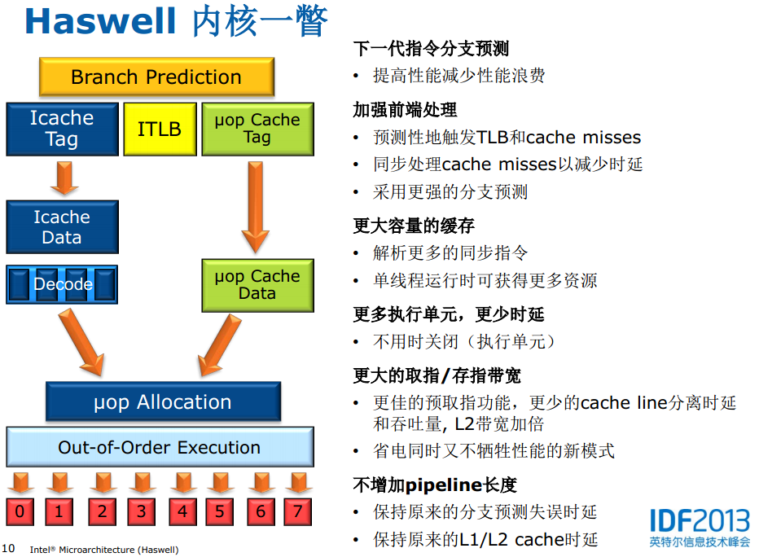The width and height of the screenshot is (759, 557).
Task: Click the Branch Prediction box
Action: click(156, 77)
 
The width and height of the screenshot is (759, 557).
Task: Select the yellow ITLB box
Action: click(160, 129)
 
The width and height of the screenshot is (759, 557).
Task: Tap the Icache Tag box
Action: click(62, 129)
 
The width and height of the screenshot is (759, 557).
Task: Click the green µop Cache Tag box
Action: click(257, 129)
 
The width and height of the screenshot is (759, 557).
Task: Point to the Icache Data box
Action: click(62, 227)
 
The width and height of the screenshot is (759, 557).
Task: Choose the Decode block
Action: click(62, 284)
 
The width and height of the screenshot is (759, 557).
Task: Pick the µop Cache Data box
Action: click(257, 285)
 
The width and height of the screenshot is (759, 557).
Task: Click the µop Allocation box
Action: click(162, 402)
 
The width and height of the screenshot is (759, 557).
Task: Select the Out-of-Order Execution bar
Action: click(160, 447)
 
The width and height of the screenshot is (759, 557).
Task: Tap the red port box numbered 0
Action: click(20, 511)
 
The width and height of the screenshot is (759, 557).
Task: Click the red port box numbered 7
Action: click(298, 511)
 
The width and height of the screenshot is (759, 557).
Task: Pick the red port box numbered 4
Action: click(182, 511)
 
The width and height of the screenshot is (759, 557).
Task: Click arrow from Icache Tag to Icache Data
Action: click(64, 177)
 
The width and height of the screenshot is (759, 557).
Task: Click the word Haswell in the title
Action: click(100, 21)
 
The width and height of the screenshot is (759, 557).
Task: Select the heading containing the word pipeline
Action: click(435, 485)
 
